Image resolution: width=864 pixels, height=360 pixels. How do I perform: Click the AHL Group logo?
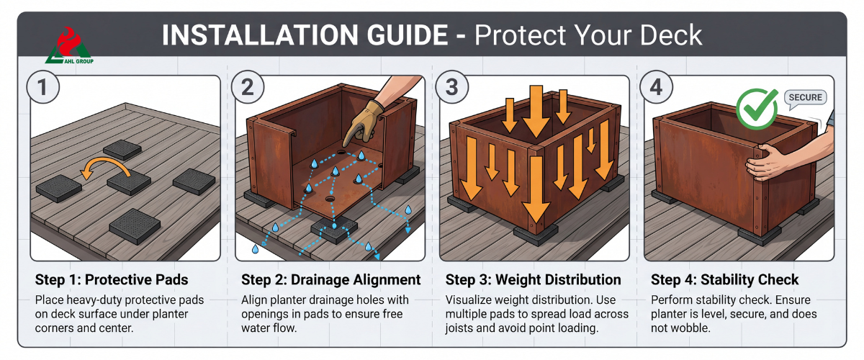click(69, 45)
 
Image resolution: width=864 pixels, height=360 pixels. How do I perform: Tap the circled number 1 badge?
click(42, 87)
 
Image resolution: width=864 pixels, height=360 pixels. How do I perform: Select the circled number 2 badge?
click(248, 87)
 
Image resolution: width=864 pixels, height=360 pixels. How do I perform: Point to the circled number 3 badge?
click(452, 87)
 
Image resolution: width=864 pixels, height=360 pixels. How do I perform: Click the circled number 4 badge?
click(657, 87)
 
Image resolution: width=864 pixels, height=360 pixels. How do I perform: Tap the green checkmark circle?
click(757, 109)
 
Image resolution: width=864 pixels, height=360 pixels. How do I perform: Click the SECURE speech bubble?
click(806, 98)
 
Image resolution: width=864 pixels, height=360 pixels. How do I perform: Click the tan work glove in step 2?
click(363, 122)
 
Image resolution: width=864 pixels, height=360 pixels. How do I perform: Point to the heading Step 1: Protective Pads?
click(112, 280)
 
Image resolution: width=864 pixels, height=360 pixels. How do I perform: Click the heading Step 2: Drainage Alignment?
click(331, 280)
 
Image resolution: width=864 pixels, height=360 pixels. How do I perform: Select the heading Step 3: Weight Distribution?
click(533, 280)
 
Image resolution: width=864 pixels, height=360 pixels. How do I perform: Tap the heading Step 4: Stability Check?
click(725, 280)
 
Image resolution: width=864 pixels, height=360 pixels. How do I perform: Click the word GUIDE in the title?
click(408, 35)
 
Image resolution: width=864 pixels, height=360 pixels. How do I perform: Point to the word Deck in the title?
click(671, 35)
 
